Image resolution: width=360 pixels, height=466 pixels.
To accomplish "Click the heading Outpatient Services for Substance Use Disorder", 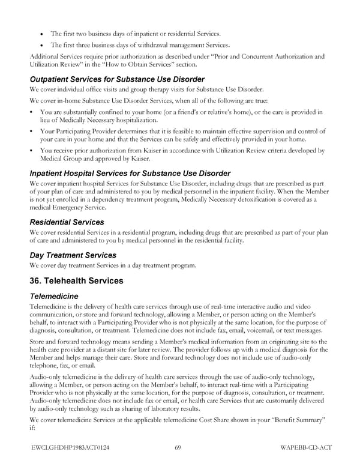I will pos(117,79).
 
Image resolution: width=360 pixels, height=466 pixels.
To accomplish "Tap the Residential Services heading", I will pos(67,222).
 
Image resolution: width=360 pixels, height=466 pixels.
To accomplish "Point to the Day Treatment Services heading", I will pos(73,255).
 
